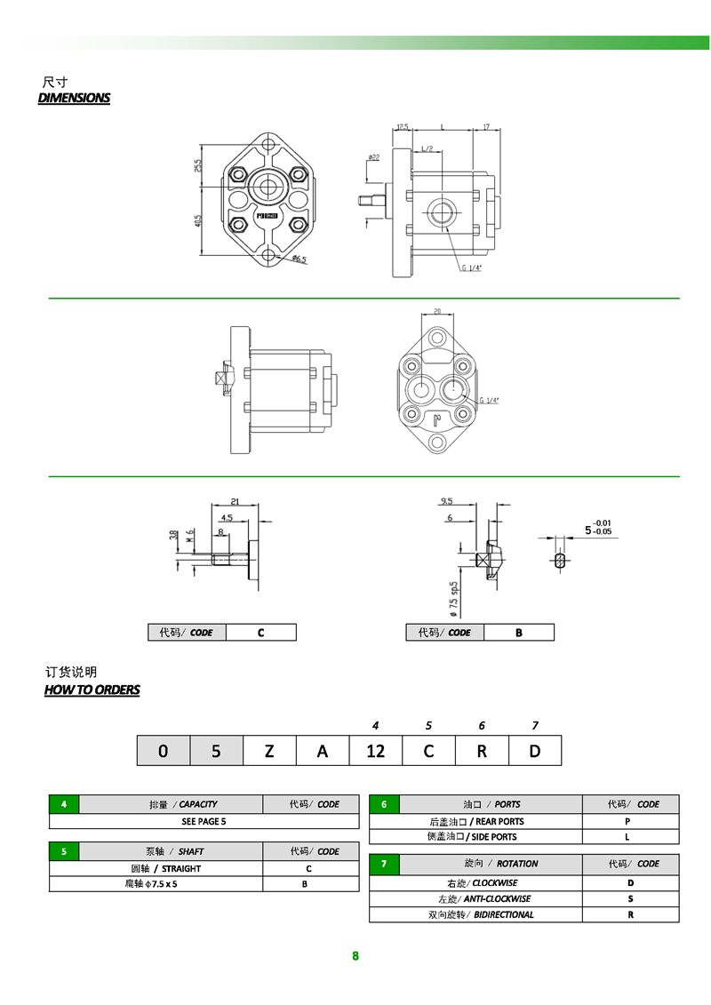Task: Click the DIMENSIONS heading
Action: click(x=74, y=98)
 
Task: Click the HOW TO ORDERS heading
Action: click(x=92, y=690)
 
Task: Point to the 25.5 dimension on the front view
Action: click(x=198, y=164)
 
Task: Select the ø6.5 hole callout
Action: click(x=299, y=259)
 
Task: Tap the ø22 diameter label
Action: click(x=373, y=157)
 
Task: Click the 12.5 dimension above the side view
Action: click(x=402, y=127)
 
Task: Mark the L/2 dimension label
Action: click(x=427, y=148)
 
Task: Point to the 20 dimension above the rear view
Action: click(x=437, y=311)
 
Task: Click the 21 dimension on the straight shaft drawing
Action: click(x=235, y=501)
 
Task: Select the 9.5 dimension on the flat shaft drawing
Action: click(x=446, y=501)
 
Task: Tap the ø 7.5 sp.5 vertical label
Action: click(x=453, y=599)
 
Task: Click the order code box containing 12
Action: click(x=375, y=751)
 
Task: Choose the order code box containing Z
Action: click(x=269, y=751)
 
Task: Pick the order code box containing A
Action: click(x=323, y=751)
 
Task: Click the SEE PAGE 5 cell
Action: click(x=204, y=821)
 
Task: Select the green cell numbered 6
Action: click(x=384, y=804)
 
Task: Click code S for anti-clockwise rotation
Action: click(x=630, y=898)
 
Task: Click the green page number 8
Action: click(x=355, y=956)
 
